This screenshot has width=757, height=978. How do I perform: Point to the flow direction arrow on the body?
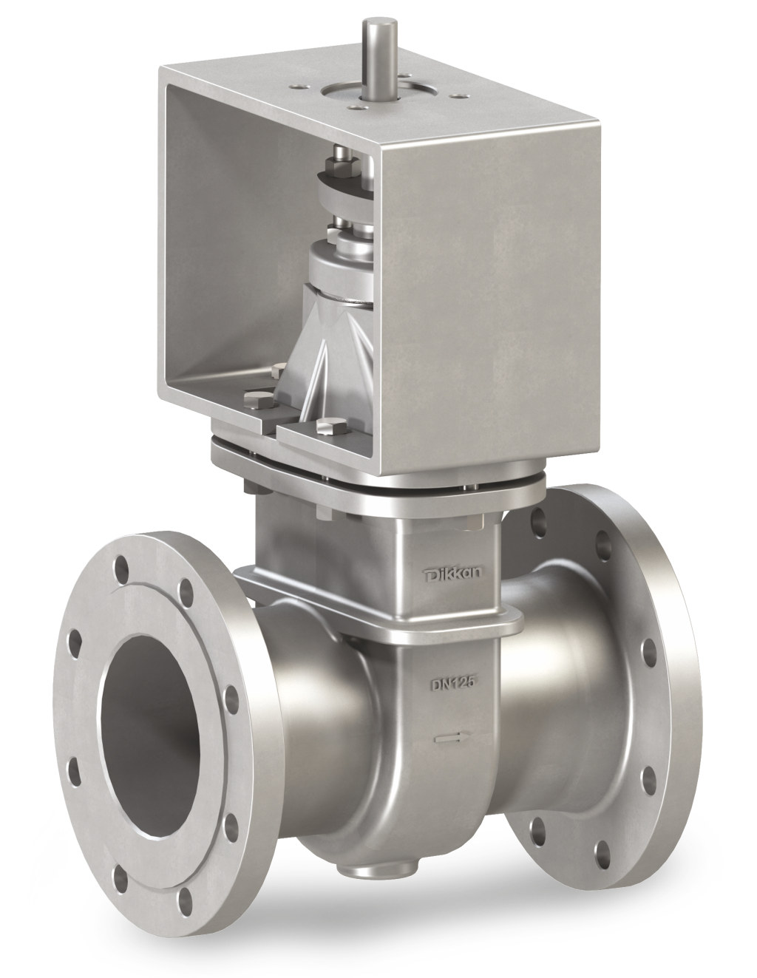click(449, 737)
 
